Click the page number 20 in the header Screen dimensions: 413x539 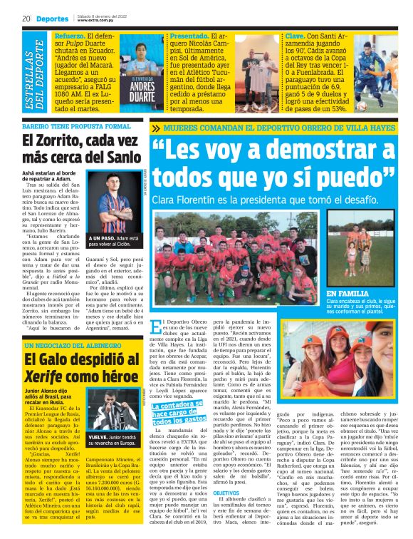[x=25, y=19]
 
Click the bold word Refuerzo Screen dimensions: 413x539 [x=70, y=34]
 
